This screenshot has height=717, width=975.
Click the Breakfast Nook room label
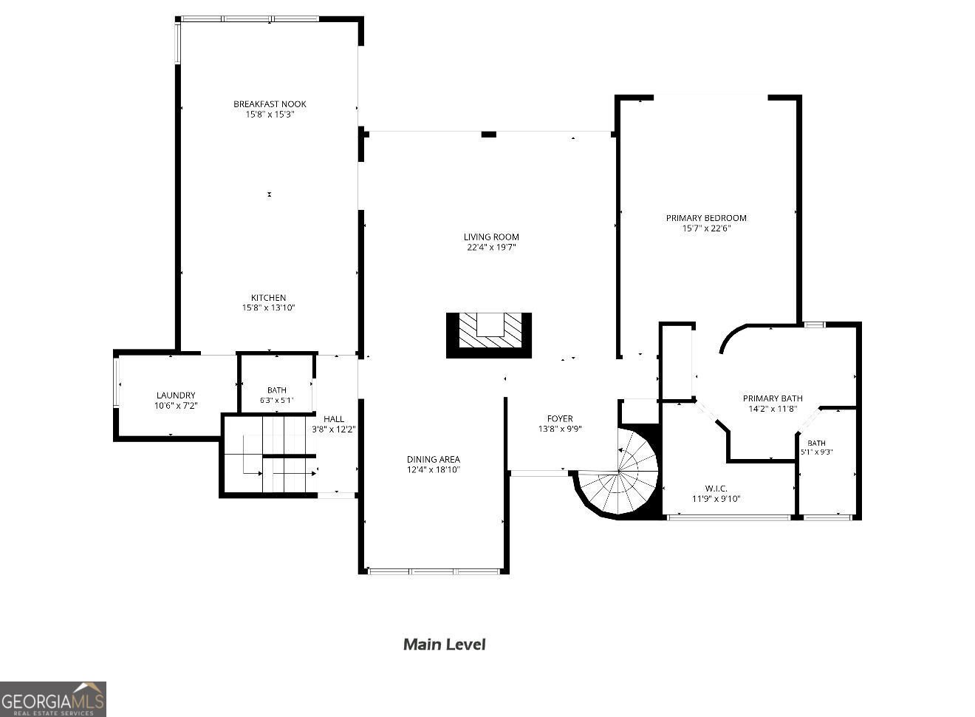click(270, 104)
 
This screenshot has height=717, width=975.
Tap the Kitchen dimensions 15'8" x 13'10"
click(269, 307)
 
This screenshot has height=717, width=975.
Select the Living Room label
click(491, 237)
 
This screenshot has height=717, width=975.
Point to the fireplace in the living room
click(489, 335)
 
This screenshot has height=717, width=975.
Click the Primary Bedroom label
click(706, 218)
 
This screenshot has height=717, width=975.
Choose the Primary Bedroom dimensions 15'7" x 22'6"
click(706, 228)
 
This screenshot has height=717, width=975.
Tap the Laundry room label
click(176, 395)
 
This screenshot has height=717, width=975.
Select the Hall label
click(334, 419)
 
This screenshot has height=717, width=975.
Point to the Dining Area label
click(433, 459)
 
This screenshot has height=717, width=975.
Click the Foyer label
click(560, 418)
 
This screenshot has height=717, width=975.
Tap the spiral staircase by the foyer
click(618, 472)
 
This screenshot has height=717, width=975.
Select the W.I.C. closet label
click(716, 489)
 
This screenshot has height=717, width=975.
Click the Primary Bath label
click(773, 398)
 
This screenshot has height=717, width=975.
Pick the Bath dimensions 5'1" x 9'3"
click(817, 452)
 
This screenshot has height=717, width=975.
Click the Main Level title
click(444, 645)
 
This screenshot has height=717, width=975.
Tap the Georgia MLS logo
click(53, 699)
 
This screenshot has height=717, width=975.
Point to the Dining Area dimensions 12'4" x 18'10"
click(433, 469)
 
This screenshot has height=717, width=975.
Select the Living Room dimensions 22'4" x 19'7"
click(491, 248)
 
